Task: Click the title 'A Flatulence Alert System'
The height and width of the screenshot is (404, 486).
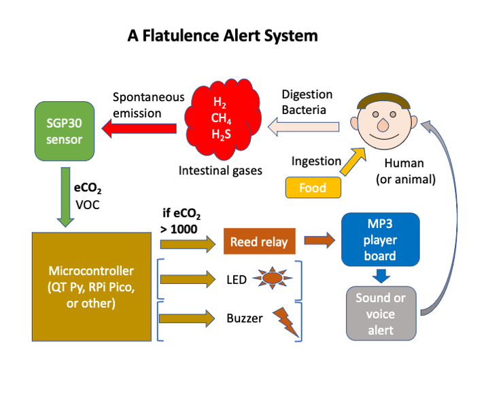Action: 222,35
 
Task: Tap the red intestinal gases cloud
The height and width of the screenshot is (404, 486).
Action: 222,120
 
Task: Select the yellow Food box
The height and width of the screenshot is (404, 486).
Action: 313,187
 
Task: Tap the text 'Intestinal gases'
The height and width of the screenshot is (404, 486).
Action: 220,170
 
